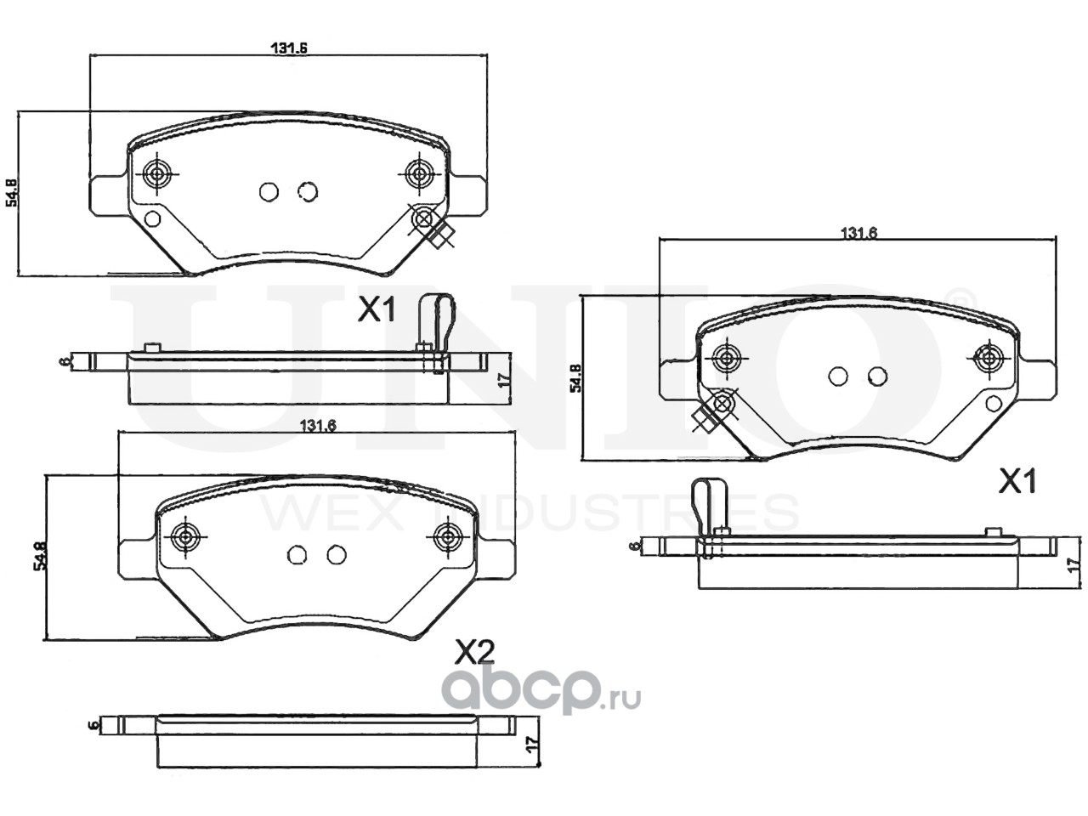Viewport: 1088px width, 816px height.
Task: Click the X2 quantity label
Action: click(x=474, y=653)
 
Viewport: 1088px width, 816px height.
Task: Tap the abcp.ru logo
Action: click(x=540, y=694)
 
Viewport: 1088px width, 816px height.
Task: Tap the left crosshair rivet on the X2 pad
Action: click(x=185, y=536)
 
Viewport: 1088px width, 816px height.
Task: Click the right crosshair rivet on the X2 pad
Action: click(x=446, y=536)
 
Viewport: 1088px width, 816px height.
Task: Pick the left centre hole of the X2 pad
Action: click(x=297, y=555)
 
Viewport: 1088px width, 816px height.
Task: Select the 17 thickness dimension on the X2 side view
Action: click(x=532, y=743)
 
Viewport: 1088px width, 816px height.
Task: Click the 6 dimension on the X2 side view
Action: click(x=93, y=725)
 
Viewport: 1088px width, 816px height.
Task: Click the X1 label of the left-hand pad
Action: click(x=376, y=311)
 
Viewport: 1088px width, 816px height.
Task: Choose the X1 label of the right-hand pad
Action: click(x=1017, y=483)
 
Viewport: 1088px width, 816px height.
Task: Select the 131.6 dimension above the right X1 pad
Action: click(x=858, y=234)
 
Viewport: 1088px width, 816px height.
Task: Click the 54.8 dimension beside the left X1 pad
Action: click(x=12, y=193)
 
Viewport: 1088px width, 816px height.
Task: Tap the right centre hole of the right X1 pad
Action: click(x=877, y=376)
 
